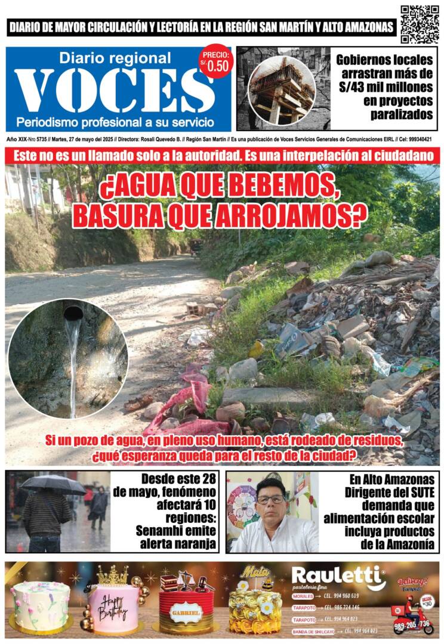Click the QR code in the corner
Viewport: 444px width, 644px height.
tap(420, 24)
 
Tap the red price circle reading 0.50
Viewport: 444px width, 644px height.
tap(215, 61)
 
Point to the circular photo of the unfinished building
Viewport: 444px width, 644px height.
tap(282, 90)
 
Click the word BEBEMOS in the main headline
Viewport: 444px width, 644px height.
tap(287, 190)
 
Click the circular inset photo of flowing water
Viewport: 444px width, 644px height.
tap(67, 358)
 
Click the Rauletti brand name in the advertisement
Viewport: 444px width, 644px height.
tap(338, 577)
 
